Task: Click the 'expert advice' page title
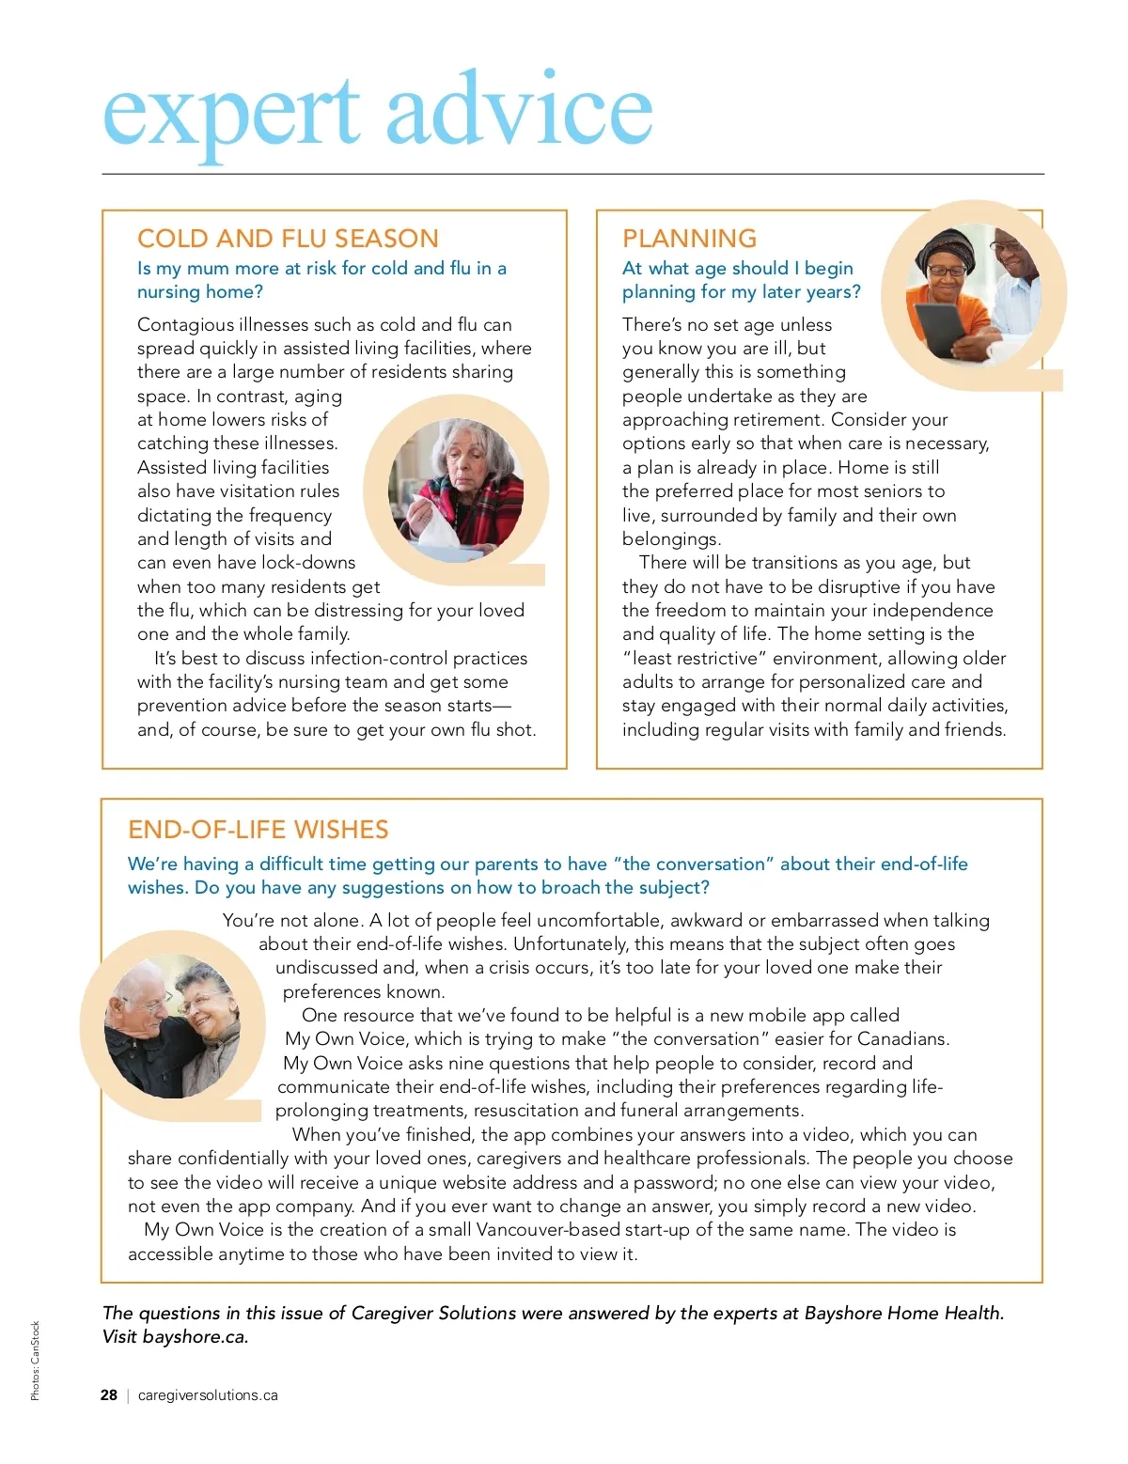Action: [377, 113]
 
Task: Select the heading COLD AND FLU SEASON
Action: [288, 239]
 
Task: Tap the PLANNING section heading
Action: [689, 239]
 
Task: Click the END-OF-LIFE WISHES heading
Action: [258, 830]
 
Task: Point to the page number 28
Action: [109, 1395]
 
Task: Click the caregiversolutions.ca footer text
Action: [208, 1395]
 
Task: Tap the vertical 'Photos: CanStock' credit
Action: [36, 1361]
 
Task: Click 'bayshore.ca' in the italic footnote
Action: [194, 1337]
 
